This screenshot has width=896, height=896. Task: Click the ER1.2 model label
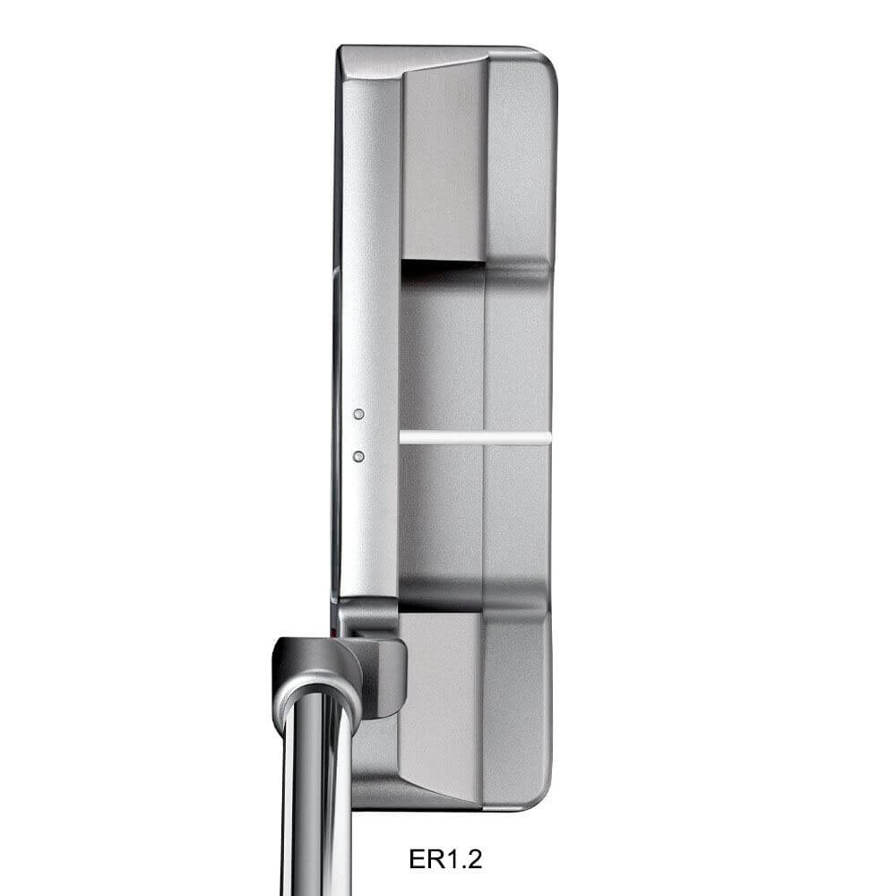pos(445,858)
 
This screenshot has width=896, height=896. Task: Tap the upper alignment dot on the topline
pos(359,414)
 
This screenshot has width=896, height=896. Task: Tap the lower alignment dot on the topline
pos(359,456)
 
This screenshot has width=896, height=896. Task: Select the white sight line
pos(476,438)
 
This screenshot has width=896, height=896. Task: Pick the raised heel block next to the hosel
pos(440,706)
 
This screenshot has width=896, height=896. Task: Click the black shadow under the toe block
pos(443,270)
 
